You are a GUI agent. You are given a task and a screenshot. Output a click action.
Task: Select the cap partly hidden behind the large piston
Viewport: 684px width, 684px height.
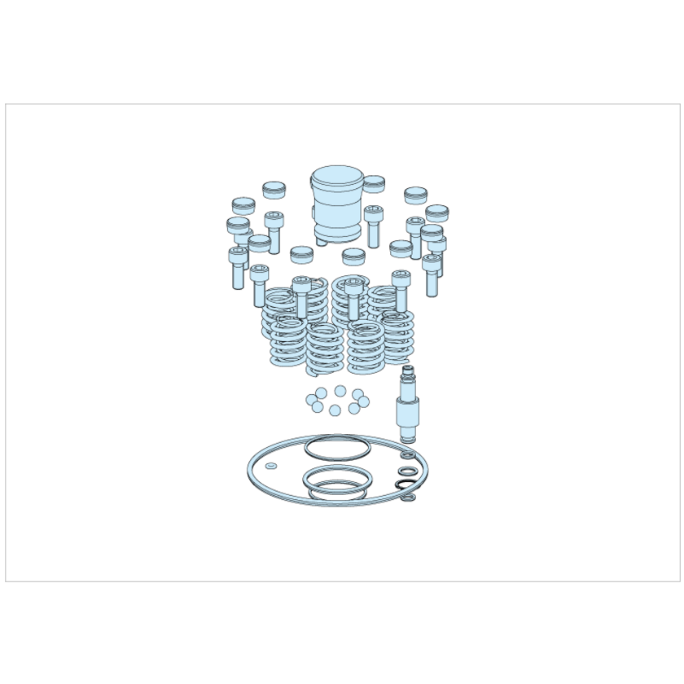(x=375, y=182)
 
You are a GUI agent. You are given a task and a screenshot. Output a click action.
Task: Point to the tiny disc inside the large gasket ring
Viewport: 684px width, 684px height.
(x=270, y=466)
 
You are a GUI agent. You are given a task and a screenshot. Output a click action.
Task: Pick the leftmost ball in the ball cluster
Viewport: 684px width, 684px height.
(x=311, y=401)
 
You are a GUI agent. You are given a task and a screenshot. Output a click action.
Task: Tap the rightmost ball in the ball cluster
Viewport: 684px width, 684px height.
(x=363, y=401)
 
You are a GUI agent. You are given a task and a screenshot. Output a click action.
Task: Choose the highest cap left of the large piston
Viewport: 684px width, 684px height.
(x=274, y=191)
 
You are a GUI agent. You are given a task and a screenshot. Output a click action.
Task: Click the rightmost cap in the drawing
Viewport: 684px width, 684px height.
(x=437, y=213)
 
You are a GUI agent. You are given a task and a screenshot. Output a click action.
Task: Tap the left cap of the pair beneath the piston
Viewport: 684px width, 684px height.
(x=301, y=255)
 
